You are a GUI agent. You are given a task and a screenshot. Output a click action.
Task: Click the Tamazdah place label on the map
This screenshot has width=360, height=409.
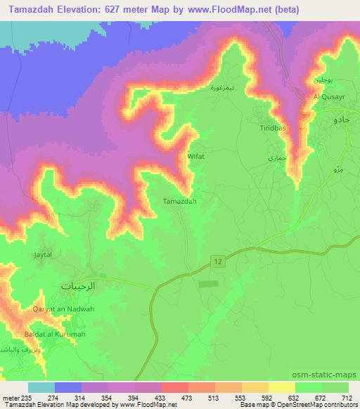point(179,200)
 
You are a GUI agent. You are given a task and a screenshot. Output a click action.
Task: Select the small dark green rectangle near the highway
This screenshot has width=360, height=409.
point(208,284)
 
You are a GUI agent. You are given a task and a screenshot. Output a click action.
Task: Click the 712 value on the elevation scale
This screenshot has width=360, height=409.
point(345,397)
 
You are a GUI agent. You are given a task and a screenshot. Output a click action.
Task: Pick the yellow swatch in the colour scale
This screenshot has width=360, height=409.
point(281,387)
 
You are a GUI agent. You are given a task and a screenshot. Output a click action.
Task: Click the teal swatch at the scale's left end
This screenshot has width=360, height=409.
point(41,387)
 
